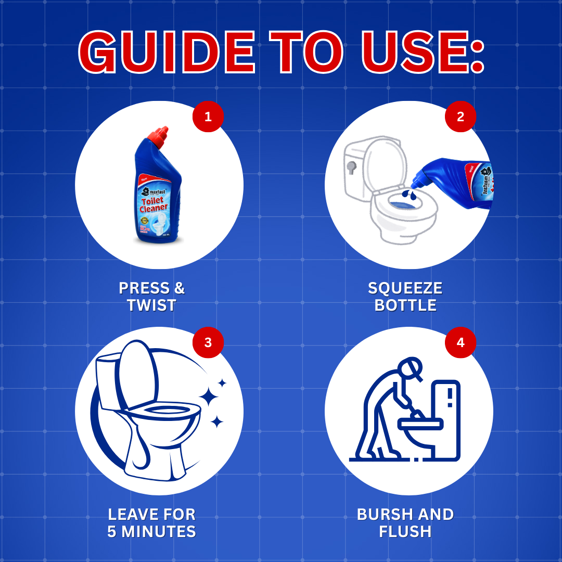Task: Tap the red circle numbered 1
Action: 208,117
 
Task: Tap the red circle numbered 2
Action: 461,117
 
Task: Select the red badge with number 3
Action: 208,342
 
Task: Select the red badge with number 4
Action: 461,342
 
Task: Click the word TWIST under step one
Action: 151,305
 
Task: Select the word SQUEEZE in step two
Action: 405,288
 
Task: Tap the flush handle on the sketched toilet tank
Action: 352,167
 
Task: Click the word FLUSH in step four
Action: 405,532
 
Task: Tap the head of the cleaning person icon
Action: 409,366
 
